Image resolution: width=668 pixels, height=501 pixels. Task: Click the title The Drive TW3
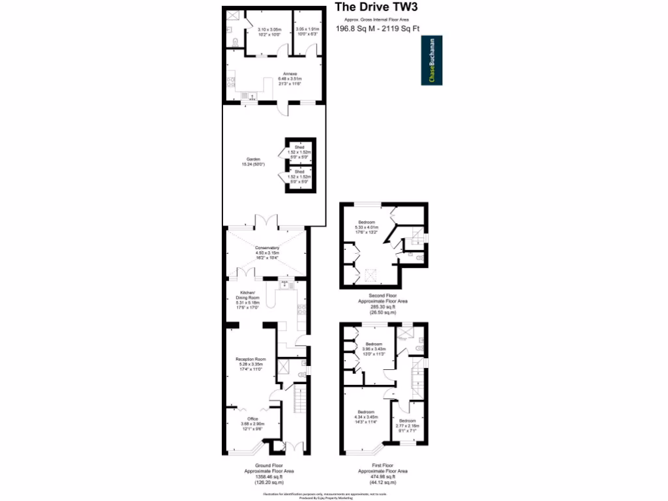[376, 8]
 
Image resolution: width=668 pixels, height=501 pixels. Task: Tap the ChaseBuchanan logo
[432, 61]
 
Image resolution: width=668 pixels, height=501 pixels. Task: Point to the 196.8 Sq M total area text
[378, 29]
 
